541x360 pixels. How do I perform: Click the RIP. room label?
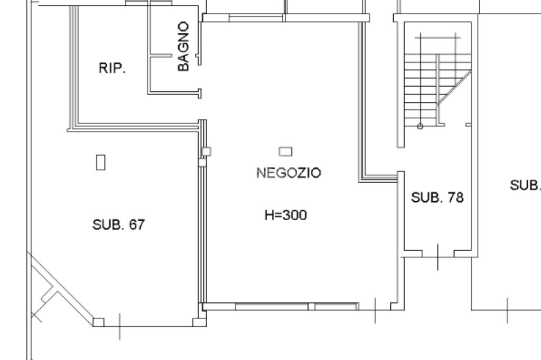(112, 68)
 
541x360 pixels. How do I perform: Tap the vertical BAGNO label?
(183, 46)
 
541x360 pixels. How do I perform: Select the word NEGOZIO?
(288, 173)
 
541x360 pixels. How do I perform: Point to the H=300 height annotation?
(285, 215)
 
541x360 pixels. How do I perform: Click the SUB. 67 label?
(118, 225)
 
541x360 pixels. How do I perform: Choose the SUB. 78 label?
(437, 197)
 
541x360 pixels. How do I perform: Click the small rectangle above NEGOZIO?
(285, 151)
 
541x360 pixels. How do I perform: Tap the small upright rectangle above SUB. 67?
(100, 162)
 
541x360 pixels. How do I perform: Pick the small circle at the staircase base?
(420, 126)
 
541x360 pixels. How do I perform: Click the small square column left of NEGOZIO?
(206, 151)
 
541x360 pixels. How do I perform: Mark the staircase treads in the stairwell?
(420, 90)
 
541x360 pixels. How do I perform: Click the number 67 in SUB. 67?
(136, 225)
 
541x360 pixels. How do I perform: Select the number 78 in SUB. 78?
(455, 197)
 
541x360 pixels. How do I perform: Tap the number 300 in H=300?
(295, 215)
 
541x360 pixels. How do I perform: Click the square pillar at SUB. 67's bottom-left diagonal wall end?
(99, 321)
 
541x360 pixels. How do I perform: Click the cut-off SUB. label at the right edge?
(525, 185)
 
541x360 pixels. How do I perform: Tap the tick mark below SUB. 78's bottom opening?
(437, 258)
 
